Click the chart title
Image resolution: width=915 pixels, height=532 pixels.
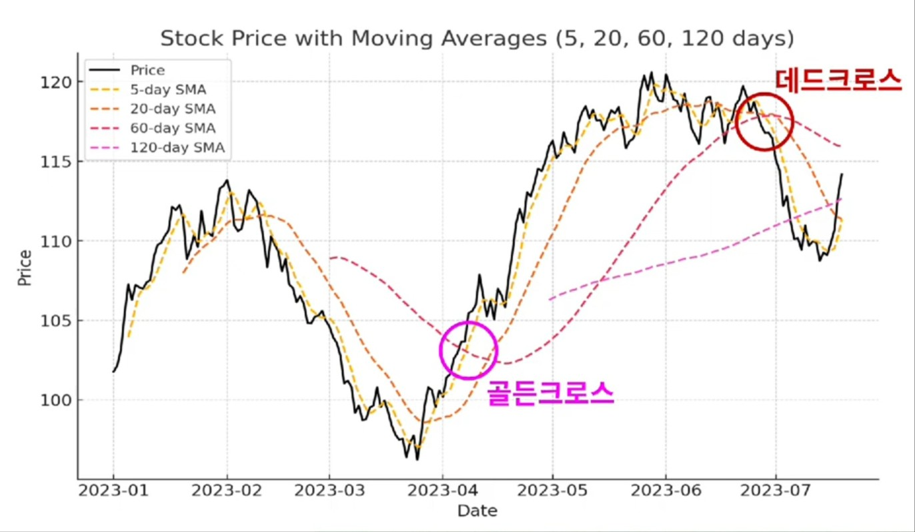pos(477,39)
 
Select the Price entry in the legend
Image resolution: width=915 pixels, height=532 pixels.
pos(147,70)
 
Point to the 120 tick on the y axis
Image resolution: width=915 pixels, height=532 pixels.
pos(56,82)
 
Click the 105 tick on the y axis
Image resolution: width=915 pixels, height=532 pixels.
pos(56,321)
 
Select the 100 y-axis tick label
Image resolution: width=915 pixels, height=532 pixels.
pos(56,401)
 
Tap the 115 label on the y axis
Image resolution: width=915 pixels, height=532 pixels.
pos(56,162)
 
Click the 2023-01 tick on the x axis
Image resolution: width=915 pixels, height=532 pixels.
pos(113,491)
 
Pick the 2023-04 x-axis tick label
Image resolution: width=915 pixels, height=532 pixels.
pos(442,491)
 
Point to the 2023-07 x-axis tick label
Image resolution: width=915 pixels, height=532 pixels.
pos(776,491)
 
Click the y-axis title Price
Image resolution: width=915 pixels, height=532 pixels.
pos(25,267)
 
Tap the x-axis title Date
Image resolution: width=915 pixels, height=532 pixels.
pos(477,511)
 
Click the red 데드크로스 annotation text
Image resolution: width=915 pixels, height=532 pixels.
pos(838,80)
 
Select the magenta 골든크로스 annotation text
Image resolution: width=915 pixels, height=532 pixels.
pos(550,393)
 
